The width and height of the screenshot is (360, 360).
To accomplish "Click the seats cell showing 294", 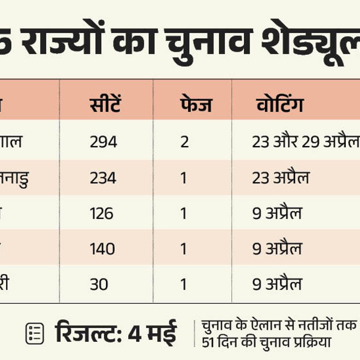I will point(103,142).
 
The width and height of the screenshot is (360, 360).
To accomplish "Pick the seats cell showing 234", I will point(103,178).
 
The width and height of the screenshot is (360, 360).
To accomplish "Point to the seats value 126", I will point(102,214).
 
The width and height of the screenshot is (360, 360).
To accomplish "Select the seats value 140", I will point(102,249).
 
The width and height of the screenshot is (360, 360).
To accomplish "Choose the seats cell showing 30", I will point(99,285).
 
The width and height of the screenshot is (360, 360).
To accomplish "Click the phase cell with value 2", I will point(184,142).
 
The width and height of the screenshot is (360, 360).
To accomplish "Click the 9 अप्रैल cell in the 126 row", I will point(277,214).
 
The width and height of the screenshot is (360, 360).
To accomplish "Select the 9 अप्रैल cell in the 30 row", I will point(277,285).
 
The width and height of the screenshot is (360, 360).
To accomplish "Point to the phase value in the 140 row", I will point(184,249).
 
